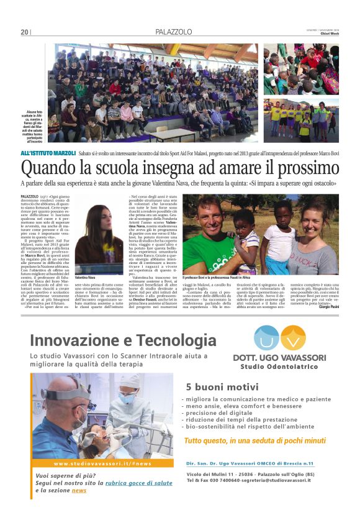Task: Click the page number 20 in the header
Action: pyautogui.click(x=24, y=32)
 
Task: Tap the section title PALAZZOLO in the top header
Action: pyautogui.click(x=173, y=32)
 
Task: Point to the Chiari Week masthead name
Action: pyautogui.click(x=327, y=35)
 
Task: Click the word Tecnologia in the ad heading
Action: pyautogui.click(x=176, y=340)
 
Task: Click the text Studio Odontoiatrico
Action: pyautogui.click(x=279, y=368)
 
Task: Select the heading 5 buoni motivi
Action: pyautogui.click(x=214, y=386)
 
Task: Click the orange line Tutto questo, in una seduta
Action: pyautogui.click(x=254, y=440)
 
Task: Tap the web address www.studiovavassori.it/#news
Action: pyautogui.click(x=102, y=463)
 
